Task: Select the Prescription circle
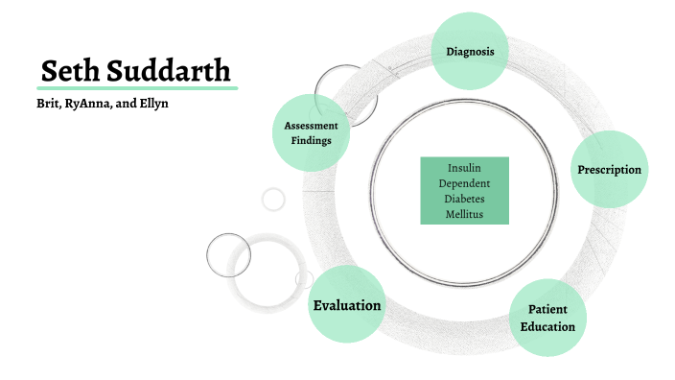pyautogui.click(x=609, y=170)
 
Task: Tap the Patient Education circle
pyautogui.click(x=547, y=319)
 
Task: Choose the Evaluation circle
pyautogui.click(x=347, y=305)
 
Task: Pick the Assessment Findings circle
pyautogui.click(x=311, y=132)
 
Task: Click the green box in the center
pyautogui.click(x=465, y=190)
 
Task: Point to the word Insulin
pyautogui.click(x=465, y=168)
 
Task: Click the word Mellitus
pyautogui.click(x=465, y=214)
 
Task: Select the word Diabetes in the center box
pyautogui.click(x=465, y=199)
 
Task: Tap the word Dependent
pyautogui.click(x=465, y=183)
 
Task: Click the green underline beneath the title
pyautogui.click(x=138, y=87)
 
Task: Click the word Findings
pyautogui.click(x=311, y=141)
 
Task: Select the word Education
pyautogui.click(x=547, y=327)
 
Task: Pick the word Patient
pyautogui.click(x=547, y=310)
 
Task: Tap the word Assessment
pyautogui.click(x=311, y=126)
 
